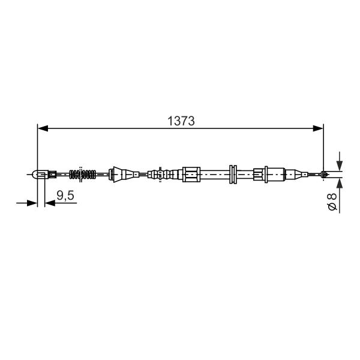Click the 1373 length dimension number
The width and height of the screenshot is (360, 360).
(181, 121)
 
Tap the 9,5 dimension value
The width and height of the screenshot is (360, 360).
(65, 196)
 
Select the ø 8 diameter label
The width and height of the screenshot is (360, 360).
(332, 202)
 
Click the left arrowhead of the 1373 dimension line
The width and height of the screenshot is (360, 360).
(43, 128)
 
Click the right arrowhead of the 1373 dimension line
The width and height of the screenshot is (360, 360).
(318, 128)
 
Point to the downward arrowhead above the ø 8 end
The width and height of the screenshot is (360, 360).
(340, 166)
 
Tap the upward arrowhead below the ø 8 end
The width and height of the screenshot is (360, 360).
(340, 183)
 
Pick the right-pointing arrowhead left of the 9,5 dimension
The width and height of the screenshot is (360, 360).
(32, 203)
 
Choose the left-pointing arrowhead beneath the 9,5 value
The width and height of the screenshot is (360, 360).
(50, 203)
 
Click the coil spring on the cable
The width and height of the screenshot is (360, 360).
(82, 175)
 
